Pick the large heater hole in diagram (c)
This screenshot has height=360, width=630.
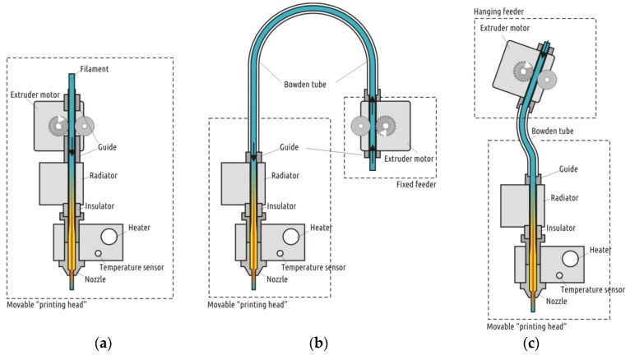568,259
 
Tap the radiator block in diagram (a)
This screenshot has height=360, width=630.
62,182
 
